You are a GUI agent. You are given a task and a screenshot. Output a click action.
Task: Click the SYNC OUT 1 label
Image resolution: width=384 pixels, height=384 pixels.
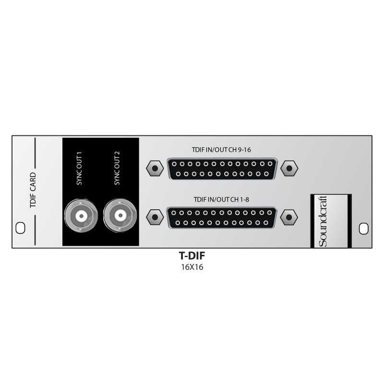tap(79, 168)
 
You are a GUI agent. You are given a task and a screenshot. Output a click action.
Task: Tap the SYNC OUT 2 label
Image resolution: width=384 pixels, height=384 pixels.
tap(117, 168)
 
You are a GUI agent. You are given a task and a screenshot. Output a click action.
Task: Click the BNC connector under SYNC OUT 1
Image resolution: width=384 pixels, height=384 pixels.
tap(81, 216)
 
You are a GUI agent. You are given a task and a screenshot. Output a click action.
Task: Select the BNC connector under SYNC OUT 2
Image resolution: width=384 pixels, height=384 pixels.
tap(120, 216)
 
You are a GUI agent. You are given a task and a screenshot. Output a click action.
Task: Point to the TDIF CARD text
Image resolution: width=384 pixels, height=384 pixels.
tap(33, 190)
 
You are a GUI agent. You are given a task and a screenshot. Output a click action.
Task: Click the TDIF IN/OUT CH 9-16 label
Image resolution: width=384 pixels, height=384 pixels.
tap(221, 150)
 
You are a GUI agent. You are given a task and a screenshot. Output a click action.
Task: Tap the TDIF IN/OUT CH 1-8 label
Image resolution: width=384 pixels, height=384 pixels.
tap(221, 200)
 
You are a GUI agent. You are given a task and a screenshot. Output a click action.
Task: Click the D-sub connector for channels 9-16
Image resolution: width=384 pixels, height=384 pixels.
tap(222, 169)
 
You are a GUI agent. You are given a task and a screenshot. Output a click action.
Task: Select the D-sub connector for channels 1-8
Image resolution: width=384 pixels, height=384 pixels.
tap(221, 218)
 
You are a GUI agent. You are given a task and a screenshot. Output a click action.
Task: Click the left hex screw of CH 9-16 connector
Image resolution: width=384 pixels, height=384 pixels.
tap(155, 168)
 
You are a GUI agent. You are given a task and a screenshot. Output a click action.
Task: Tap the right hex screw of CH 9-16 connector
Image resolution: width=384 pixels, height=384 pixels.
tap(289, 168)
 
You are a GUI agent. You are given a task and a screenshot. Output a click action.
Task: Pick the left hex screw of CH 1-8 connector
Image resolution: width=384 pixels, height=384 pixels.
tap(155, 217)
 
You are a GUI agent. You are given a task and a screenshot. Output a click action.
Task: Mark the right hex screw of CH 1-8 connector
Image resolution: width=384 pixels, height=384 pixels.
tap(289, 217)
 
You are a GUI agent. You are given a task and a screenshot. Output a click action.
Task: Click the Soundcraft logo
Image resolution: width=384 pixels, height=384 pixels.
tap(323, 221)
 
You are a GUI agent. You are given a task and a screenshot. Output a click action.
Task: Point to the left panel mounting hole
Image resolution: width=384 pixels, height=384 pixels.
tap(20, 228)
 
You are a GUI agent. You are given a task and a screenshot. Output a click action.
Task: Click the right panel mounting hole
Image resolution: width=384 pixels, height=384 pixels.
tap(364, 228)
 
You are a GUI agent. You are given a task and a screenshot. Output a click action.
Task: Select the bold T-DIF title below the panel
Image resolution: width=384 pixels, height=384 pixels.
tap(192, 256)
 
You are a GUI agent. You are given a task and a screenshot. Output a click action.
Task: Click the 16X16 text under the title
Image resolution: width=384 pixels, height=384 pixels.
tap(192, 267)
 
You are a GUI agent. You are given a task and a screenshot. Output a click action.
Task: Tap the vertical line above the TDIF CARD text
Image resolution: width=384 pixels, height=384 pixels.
tap(35, 153)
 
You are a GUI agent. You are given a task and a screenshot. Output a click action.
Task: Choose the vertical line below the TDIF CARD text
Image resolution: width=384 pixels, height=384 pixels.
tap(35, 230)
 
